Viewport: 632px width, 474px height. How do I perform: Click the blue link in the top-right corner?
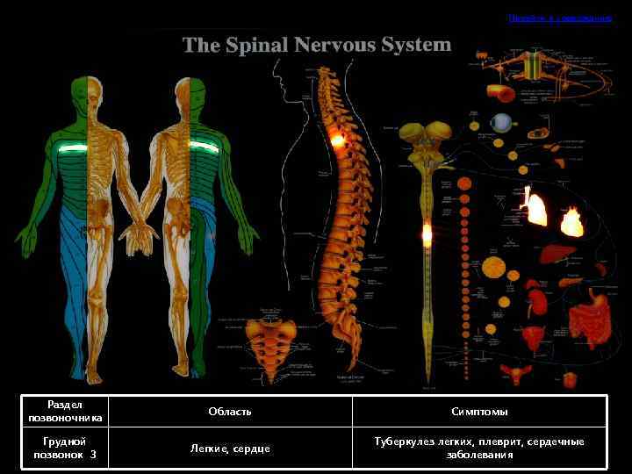(x=559, y=18)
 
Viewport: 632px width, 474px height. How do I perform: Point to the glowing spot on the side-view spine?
(x=336, y=139)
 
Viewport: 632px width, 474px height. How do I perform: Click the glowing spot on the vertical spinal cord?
(x=427, y=233)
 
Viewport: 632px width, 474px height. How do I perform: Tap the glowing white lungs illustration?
(x=535, y=208)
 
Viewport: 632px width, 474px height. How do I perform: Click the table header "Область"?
(x=230, y=412)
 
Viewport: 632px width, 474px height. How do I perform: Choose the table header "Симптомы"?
(x=479, y=412)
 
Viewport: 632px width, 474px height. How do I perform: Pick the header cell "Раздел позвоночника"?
(x=65, y=411)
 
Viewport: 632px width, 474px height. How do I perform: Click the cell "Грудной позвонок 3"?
(x=65, y=449)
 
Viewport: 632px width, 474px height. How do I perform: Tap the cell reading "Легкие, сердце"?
(x=230, y=449)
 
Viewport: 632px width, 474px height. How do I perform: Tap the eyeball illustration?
(x=500, y=122)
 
